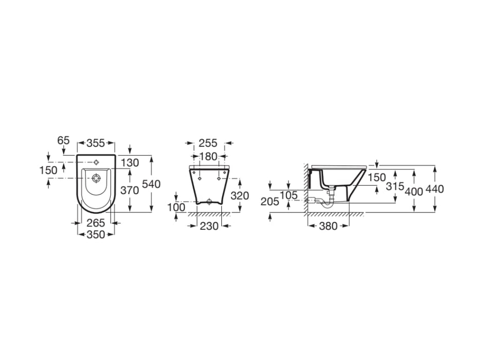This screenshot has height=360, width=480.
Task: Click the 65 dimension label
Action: (x=63, y=140)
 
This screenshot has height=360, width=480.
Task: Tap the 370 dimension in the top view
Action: (x=130, y=190)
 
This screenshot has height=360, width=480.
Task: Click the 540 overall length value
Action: (x=152, y=184)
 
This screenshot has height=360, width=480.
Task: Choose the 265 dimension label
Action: (x=96, y=223)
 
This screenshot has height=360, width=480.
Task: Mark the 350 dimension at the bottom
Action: (x=96, y=234)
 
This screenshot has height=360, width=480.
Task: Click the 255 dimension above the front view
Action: (x=208, y=143)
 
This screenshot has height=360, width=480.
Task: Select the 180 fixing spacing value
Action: (x=208, y=156)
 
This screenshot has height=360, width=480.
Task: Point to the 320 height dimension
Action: (x=240, y=195)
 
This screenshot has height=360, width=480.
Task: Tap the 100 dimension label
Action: (x=176, y=207)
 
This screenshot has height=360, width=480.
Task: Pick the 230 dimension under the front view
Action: (x=209, y=225)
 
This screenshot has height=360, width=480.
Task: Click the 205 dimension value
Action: (x=271, y=202)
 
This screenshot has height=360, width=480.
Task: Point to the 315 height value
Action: (x=395, y=186)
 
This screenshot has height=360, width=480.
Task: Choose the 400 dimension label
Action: (x=414, y=191)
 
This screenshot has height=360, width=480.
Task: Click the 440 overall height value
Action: (x=435, y=189)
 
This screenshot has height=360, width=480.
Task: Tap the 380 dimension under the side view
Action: (x=328, y=225)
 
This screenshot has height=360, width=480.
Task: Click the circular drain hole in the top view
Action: (x=96, y=178)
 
